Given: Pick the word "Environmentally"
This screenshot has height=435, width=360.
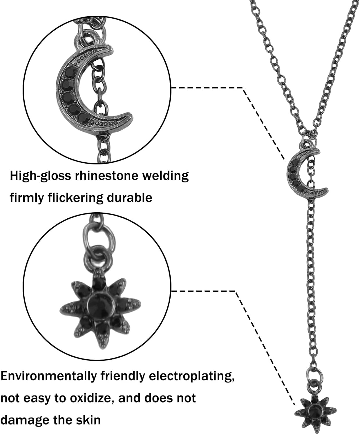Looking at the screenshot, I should pyautogui.click(x=48, y=376).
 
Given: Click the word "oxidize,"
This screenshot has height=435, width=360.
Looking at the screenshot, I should pyautogui.click(x=90, y=398).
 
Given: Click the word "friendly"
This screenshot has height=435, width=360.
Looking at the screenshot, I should pyautogui.click(x=121, y=376).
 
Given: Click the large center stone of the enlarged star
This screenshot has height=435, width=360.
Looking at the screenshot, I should pyautogui.click(x=100, y=304).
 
